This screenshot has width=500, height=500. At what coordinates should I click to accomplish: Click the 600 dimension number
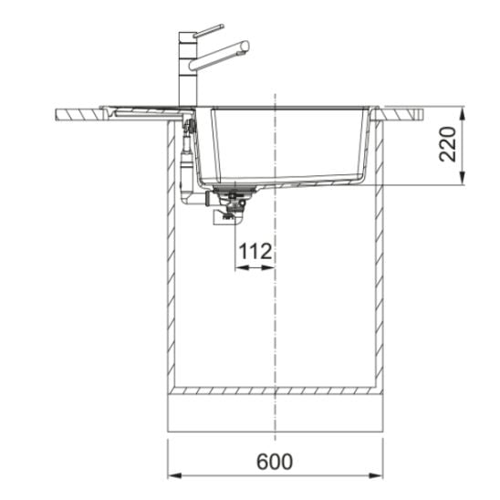click(x=275, y=462)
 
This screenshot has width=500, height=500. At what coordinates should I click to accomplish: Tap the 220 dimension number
click(x=448, y=144)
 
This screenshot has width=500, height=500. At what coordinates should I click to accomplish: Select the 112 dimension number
click(x=255, y=251)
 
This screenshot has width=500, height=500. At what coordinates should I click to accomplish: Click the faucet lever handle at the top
click(x=208, y=31)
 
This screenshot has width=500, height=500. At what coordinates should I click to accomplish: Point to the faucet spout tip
click(x=245, y=47)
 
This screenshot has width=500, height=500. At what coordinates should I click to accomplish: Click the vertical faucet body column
click(x=188, y=69)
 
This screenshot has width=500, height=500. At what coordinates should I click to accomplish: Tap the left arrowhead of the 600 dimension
click(x=174, y=475)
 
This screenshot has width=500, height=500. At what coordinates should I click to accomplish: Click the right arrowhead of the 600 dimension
click(x=376, y=475)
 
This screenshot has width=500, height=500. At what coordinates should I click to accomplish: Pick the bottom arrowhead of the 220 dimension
click(x=463, y=178)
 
